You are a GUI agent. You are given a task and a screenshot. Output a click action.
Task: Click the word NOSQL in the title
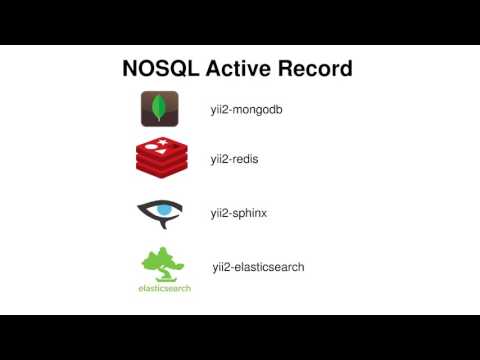(161, 69)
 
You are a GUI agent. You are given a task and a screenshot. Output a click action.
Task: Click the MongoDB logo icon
(159, 108)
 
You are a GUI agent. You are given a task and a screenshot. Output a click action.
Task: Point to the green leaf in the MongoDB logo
(159, 107)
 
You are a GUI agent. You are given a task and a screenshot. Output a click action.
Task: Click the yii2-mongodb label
(246, 109)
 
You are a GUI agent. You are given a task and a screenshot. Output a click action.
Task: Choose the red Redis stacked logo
(160, 157)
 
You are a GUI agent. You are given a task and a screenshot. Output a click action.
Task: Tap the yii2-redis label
(235, 159)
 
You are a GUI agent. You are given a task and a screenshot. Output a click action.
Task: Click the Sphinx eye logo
(160, 212)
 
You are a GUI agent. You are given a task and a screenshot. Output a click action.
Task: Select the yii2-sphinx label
(238, 213)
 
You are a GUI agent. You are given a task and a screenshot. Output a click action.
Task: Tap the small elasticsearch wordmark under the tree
(164, 288)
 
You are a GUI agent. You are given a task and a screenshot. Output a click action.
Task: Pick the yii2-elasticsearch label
(258, 267)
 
